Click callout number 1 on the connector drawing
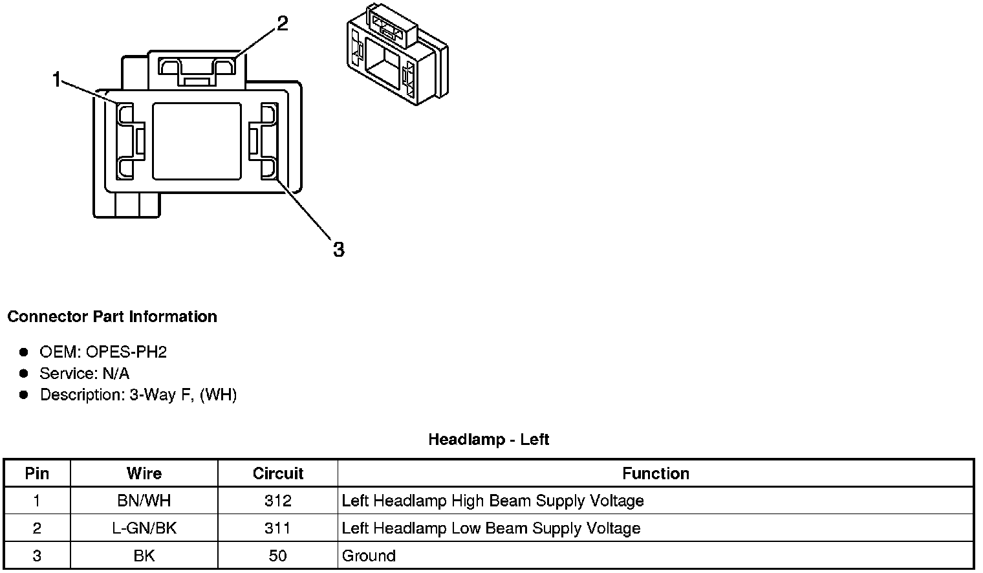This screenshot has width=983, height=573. (x=57, y=80)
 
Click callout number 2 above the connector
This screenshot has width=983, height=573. (x=282, y=24)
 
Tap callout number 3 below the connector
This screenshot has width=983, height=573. (x=339, y=249)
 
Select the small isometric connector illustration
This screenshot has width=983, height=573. (x=397, y=56)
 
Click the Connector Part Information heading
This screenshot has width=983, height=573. (x=112, y=317)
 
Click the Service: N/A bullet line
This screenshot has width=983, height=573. (x=84, y=374)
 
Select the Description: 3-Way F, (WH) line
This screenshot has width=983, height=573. (x=138, y=395)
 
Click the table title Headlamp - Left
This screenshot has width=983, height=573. (x=488, y=440)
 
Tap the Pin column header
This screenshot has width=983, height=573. (x=37, y=473)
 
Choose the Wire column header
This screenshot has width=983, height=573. (x=144, y=473)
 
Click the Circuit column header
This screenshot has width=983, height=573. (x=278, y=473)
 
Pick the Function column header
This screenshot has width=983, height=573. (x=655, y=473)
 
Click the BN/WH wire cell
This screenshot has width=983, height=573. (x=144, y=501)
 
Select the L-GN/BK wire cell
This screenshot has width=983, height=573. (x=144, y=528)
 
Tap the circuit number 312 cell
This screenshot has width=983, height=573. (x=278, y=501)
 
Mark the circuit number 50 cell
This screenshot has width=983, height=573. (x=278, y=556)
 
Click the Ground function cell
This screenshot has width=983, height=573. (x=369, y=556)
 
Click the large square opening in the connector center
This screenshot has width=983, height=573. (x=197, y=141)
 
